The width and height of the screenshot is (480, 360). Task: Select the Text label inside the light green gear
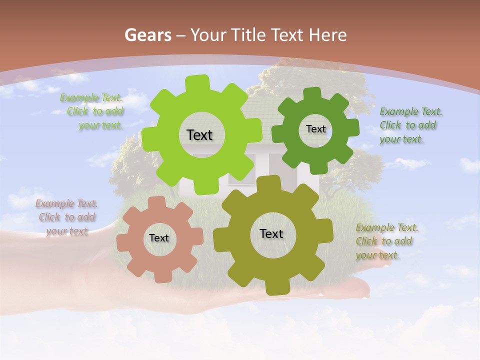pyautogui.click(x=199, y=135)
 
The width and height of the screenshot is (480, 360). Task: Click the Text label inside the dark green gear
pyautogui.click(x=315, y=129)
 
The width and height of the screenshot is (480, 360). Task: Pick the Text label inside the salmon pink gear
pyautogui.click(x=159, y=238)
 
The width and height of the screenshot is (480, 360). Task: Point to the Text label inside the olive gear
pyautogui.click(x=271, y=233)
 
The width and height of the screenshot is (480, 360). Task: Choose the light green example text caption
pyautogui.click(x=92, y=111)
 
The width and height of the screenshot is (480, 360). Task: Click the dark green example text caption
pyautogui.click(x=410, y=125)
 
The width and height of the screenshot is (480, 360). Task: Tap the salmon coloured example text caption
pyautogui.click(x=67, y=217)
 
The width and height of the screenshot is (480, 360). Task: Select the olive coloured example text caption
pyautogui.click(x=386, y=241)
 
